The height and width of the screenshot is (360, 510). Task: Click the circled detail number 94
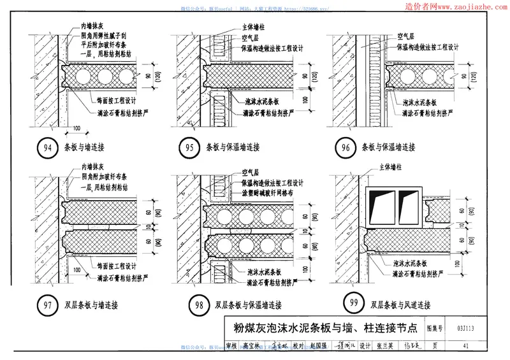(x=47, y=148)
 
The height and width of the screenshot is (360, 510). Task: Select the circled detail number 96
(x=346, y=148)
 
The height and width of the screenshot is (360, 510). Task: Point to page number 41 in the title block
(x=468, y=346)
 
